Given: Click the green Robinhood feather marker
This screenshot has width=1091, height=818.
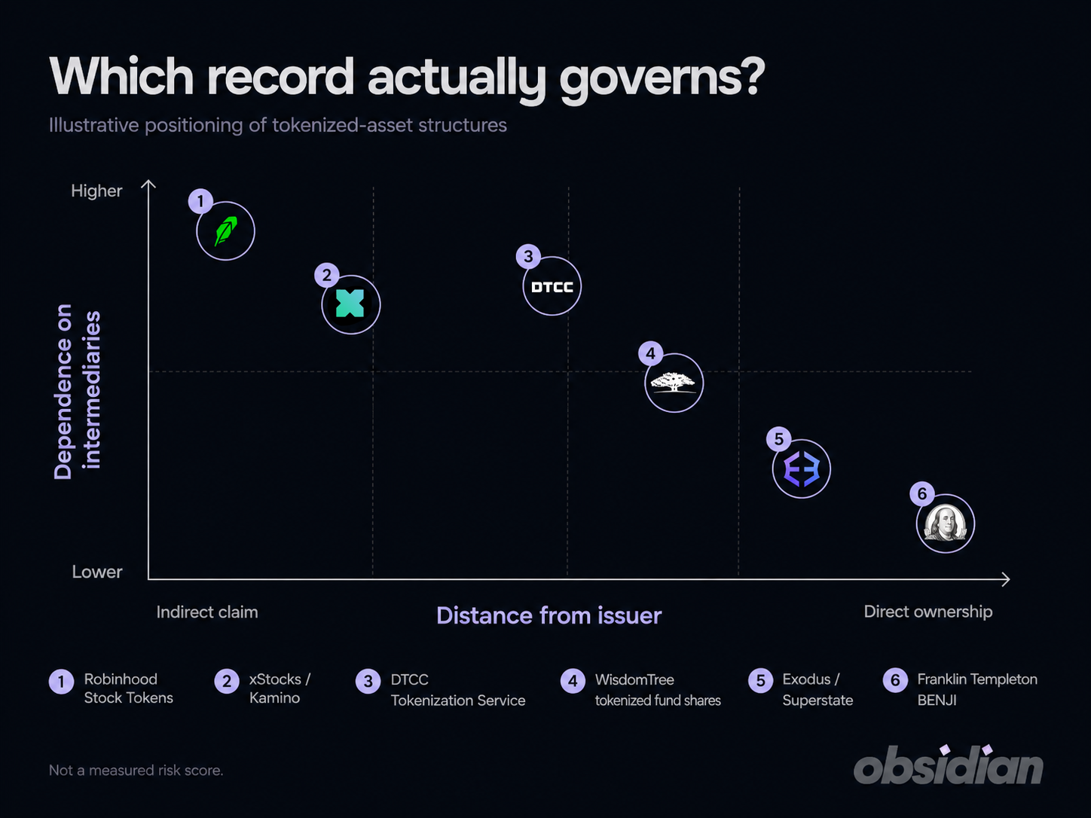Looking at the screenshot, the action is pyautogui.click(x=225, y=231).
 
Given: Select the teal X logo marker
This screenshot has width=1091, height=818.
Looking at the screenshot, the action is pyautogui.click(x=351, y=304).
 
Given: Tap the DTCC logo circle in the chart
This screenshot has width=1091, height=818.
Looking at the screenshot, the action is pyautogui.click(x=552, y=286).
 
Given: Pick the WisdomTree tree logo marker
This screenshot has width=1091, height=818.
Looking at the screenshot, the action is pyautogui.click(x=674, y=383).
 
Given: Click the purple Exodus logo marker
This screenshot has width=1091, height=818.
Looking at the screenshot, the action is pyautogui.click(x=801, y=469).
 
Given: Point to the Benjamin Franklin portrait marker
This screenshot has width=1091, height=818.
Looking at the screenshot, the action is pyautogui.click(x=946, y=523).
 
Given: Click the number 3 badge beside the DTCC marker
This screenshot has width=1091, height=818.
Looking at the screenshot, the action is pyautogui.click(x=528, y=256).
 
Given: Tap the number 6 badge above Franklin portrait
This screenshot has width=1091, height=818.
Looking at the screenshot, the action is pyautogui.click(x=922, y=493).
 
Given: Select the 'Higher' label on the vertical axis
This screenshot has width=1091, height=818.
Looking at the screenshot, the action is pyautogui.click(x=96, y=191).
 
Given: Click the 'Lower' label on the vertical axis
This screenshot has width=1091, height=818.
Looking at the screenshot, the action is pyautogui.click(x=97, y=572).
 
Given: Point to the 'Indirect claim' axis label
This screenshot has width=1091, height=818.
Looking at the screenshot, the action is pyautogui.click(x=207, y=612).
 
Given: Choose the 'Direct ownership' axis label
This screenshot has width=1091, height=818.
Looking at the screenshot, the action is pyautogui.click(x=928, y=612).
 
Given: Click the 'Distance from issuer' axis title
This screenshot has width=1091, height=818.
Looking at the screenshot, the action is pyautogui.click(x=549, y=615).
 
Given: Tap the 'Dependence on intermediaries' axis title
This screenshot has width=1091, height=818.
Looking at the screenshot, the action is pyautogui.click(x=78, y=392).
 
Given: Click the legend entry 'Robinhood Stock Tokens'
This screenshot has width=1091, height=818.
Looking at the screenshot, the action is pyautogui.click(x=128, y=688).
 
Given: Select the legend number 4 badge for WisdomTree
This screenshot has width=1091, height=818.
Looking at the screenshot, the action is pyautogui.click(x=573, y=681).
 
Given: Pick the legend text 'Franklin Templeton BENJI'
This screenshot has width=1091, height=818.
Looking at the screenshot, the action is pyautogui.click(x=977, y=689).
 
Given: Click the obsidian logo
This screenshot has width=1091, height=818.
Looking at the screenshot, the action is pyautogui.click(x=948, y=765).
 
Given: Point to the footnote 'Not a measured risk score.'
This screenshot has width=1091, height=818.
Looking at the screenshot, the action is pyautogui.click(x=136, y=771).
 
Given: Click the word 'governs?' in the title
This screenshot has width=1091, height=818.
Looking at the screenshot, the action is pyautogui.click(x=662, y=78).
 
